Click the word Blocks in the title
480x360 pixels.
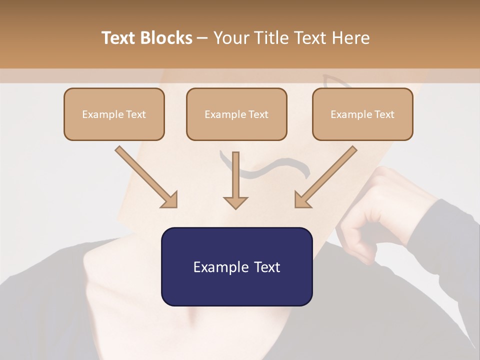(x=167, y=38)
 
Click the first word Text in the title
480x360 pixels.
(x=119, y=38)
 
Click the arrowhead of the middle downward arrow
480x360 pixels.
(x=235, y=201)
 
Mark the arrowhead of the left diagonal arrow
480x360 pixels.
(x=169, y=199)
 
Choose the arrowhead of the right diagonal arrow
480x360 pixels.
(x=303, y=199)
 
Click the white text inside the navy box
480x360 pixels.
(x=236, y=267)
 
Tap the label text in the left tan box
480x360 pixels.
(x=114, y=114)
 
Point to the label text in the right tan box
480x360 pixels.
(x=362, y=114)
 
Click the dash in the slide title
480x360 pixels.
(x=203, y=38)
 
